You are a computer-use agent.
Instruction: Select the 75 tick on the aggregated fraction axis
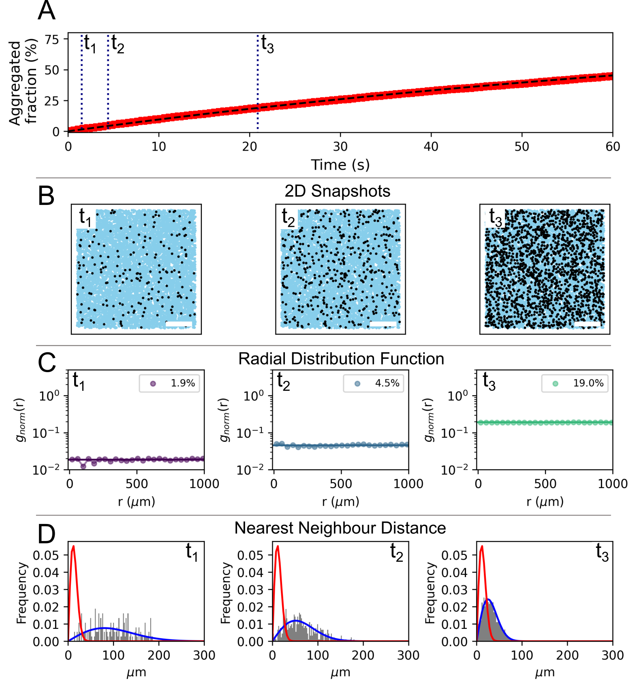(x=52, y=39)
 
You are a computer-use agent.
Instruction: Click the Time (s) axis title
(x=340, y=165)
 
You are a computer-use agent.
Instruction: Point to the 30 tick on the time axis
(x=340, y=147)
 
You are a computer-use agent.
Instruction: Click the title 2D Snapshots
(x=337, y=191)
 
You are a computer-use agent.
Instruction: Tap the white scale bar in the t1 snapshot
(x=179, y=324)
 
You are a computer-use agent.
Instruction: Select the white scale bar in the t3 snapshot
(x=587, y=324)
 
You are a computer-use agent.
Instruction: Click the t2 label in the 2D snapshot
(x=288, y=217)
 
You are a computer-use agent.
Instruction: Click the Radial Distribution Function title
(x=341, y=359)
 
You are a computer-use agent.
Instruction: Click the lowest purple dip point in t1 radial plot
(x=83, y=466)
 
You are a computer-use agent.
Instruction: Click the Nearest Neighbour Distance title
(x=340, y=528)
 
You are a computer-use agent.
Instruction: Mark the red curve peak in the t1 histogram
(x=73, y=546)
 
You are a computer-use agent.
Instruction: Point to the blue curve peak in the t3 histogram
(x=488, y=599)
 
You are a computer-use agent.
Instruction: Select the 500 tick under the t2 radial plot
(x=341, y=484)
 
